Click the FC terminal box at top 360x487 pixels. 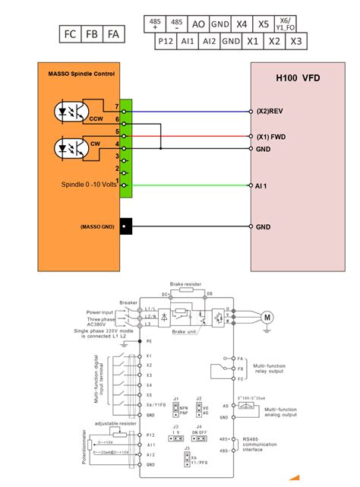pyautogui.click(x=71, y=34)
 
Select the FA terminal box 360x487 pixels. pyautogui.click(x=113, y=34)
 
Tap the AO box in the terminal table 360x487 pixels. pyautogui.click(x=199, y=24)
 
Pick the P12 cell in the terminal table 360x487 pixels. pyautogui.click(x=166, y=41)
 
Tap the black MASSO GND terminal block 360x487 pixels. pyautogui.click(x=127, y=226)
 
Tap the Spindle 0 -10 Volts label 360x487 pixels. pyautogui.click(x=89, y=185)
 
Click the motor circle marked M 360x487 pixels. pyautogui.click(x=267, y=316)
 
